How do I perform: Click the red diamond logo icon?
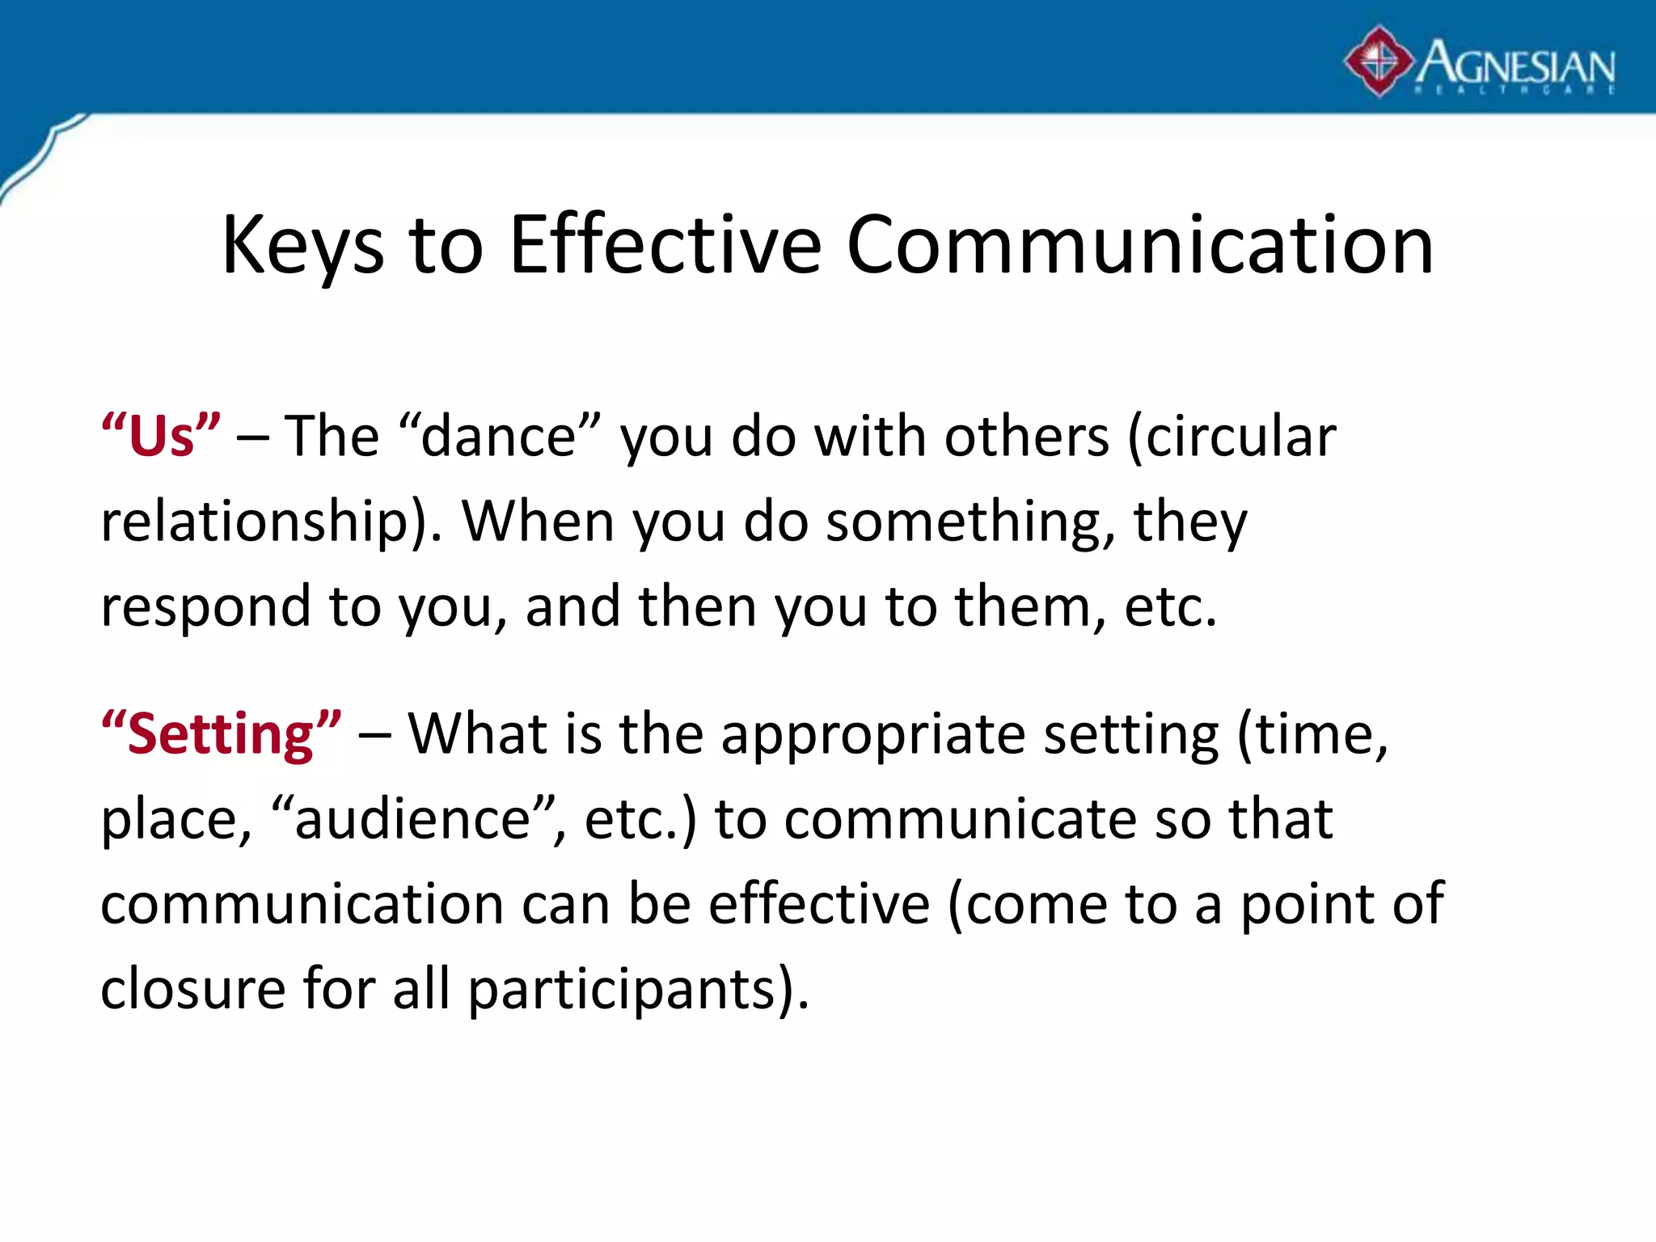click(x=1379, y=61)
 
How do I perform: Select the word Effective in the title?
click(x=665, y=245)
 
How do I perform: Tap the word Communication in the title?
click(x=1140, y=245)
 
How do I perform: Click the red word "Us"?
click(x=161, y=436)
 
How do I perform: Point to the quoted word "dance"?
click(x=500, y=436)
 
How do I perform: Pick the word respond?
click(x=205, y=606)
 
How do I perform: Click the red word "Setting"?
click(x=221, y=733)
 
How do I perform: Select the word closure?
click(x=192, y=988)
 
